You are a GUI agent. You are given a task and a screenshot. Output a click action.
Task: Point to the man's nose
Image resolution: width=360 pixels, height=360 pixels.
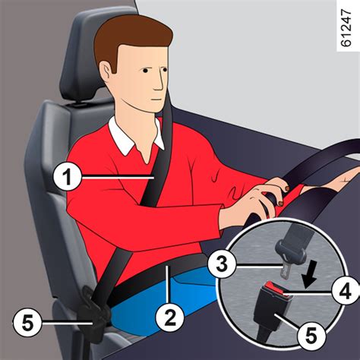[x=165, y=78]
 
